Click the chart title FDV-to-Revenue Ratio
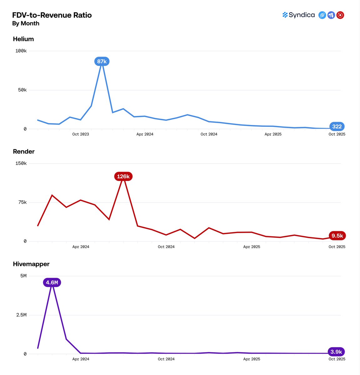[52, 15]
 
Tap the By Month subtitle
[26, 23]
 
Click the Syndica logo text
[302, 15]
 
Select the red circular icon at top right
[340, 15]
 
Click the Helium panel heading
[23, 39]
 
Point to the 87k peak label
[102, 62]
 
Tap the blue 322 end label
[337, 127]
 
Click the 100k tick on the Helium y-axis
[21, 51]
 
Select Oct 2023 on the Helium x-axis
[80, 134]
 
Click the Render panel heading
[24, 152]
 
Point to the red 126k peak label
[123, 177]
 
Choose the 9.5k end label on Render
[337, 236]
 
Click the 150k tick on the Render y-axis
[21, 163]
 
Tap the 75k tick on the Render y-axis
[22, 202]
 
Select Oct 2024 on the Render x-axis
[166, 247]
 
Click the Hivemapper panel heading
[31, 264]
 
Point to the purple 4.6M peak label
[52, 283]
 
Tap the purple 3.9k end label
[336, 352]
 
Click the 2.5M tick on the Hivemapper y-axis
[21, 315]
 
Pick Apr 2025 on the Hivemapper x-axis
[251, 359]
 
